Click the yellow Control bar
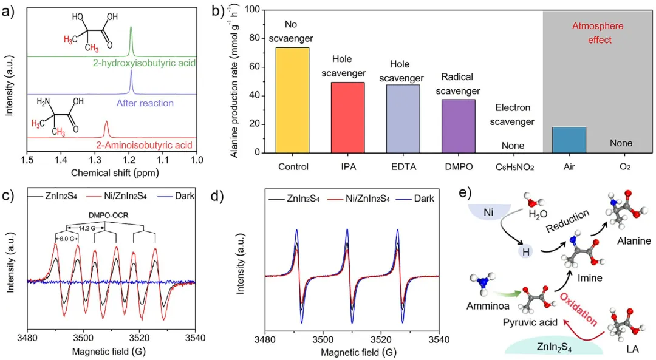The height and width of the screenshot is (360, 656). [x=292, y=100]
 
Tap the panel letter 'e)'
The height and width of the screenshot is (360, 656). [x=466, y=194]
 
